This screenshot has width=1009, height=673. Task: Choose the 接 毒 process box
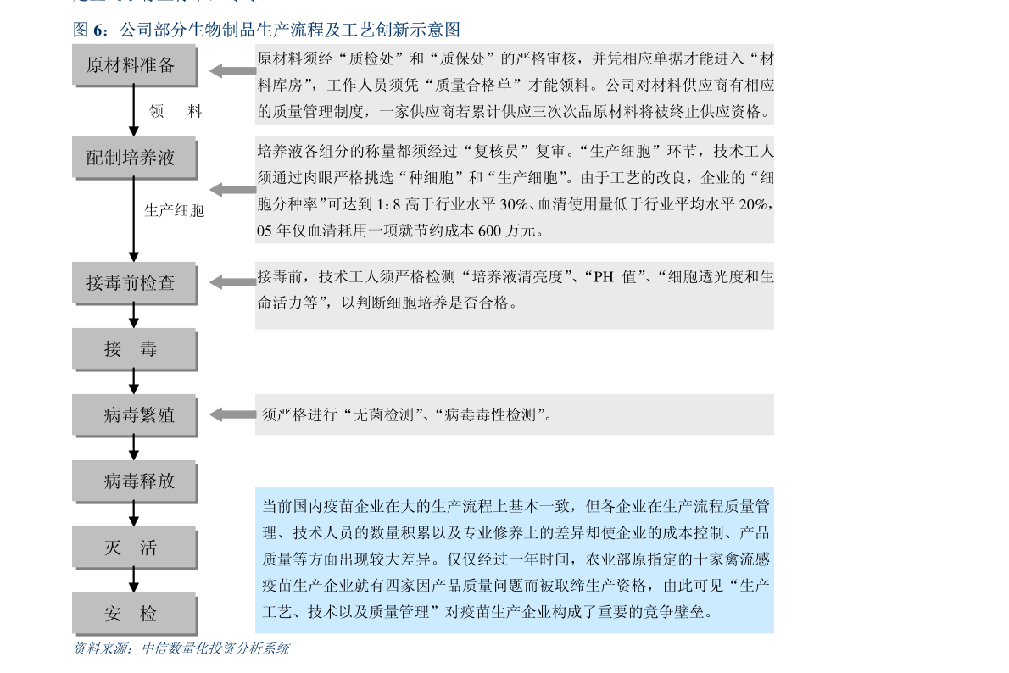134,348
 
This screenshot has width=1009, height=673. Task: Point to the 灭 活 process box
134,547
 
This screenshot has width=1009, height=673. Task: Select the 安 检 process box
134,613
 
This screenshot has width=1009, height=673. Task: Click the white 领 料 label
177,111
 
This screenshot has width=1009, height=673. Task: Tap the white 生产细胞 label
187,210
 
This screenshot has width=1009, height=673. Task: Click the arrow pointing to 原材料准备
231,71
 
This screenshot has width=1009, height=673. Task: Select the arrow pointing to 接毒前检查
231,282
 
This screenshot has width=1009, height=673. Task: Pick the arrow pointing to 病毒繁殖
231,414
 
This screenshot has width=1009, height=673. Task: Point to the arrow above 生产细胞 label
231,189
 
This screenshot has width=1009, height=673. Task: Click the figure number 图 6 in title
90,31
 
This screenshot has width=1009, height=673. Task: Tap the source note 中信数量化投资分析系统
215,648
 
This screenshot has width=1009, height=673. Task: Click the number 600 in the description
490,231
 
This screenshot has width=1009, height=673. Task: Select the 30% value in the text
513,205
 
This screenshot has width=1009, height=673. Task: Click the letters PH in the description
603,277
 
